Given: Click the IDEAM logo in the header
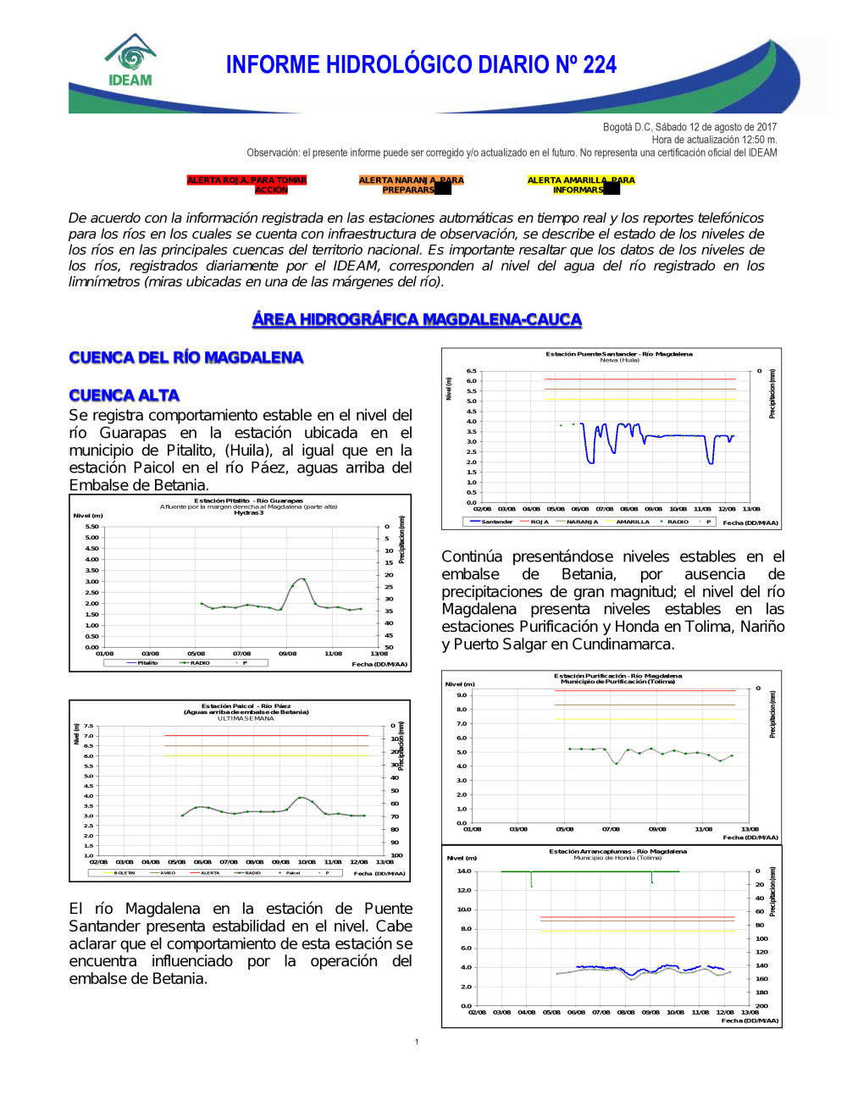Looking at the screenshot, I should click(x=130, y=61).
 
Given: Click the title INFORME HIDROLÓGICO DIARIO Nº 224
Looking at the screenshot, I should click(x=421, y=65).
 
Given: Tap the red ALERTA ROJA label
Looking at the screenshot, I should click(x=246, y=185).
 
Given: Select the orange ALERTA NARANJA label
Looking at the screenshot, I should click(x=411, y=185).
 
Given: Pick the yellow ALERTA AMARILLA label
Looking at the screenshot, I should click(x=580, y=185).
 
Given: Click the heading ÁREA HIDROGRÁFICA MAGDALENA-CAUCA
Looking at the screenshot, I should click(x=417, y=319).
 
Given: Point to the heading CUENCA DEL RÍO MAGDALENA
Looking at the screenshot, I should click(x=185, y=357).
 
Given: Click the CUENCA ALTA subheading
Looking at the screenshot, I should click(x=124, y=395).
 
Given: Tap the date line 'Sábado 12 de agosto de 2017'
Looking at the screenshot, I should click(x=689, y=127).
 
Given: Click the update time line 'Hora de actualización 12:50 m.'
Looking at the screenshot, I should click(x=714, y=140).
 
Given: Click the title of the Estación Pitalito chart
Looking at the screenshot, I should click(x=248, y=500).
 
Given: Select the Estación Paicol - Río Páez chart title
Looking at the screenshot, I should click(x=246, y=705).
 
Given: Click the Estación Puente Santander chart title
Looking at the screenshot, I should click(x=619, y=354).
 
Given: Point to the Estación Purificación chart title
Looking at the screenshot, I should click(x=617, y=676).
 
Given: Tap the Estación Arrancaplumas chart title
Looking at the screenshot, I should click(x=617, y=851).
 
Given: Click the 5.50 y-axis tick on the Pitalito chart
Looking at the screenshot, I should click(x=91, y=527).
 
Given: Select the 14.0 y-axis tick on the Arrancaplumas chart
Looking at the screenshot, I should click(x=464, y=871).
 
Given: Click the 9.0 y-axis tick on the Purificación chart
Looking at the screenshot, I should click(x=462, y=695).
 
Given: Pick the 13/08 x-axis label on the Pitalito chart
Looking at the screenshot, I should click(x=379, y=654).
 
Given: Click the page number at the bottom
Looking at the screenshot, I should click(x=417, y=1042).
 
